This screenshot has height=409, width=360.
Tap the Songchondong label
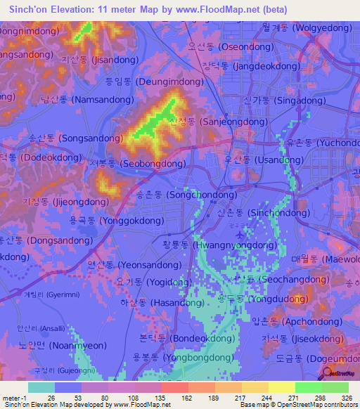(186, 194)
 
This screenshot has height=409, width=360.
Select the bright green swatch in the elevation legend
(308, 387)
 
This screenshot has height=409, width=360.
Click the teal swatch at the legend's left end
(41, 387)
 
